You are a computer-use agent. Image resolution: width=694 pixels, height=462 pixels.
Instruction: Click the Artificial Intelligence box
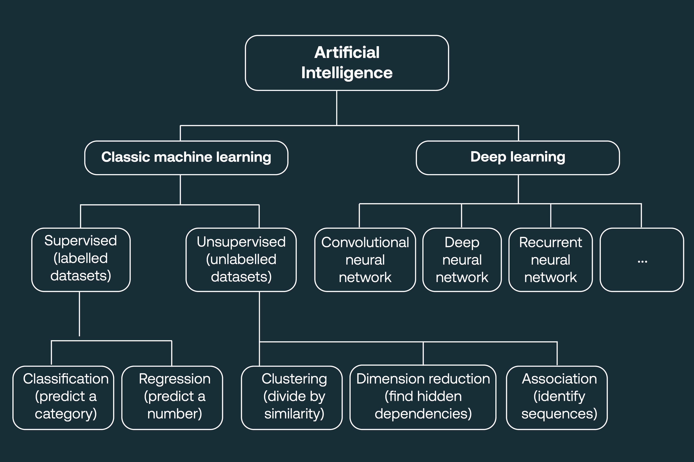point(347,63)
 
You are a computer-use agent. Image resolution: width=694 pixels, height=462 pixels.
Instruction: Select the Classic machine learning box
point(186,158)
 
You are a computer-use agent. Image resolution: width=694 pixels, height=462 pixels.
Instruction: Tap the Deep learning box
point(518,158)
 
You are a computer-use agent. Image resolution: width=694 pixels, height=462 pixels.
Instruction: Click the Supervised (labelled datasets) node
point(81,260)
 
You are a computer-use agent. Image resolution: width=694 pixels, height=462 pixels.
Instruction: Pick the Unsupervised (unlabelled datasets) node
point(241,260)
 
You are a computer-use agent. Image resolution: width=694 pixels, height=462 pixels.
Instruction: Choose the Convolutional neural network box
point(365,260)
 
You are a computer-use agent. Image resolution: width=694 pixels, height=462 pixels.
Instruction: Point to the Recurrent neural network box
point(550,260)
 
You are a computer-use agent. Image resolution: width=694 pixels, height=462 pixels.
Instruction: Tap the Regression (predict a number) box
point(172,397)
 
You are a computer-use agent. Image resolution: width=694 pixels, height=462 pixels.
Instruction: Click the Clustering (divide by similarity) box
point(292,397)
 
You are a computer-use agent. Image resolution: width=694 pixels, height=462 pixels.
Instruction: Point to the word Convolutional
point(365,243)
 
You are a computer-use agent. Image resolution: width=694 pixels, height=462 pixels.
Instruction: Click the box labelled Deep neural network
point(462,260)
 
